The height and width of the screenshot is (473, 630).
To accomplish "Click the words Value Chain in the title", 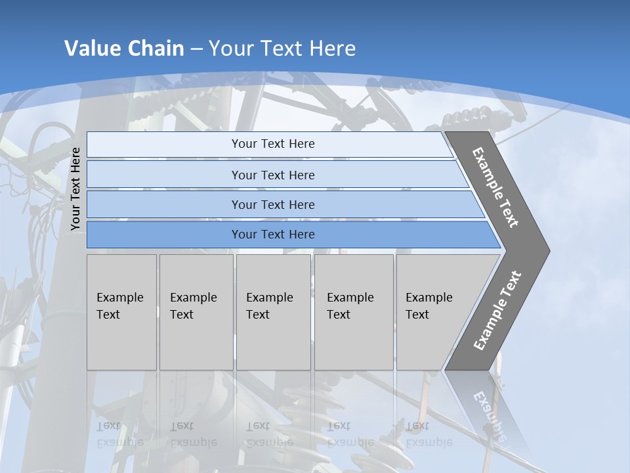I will point(124,49).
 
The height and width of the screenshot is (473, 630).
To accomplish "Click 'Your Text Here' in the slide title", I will point(282,49).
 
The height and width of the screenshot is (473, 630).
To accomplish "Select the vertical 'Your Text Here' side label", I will point(76,189).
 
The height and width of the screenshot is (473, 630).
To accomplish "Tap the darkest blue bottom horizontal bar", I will point(164,235).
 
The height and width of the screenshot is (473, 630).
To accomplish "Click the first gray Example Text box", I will point(121,312).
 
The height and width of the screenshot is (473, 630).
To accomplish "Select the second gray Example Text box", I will point(196,312).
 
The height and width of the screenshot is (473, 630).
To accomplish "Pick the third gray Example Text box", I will point(273,312).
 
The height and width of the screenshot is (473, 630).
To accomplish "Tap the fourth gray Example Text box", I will point(353,312).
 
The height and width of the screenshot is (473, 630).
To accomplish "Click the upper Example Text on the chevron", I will point(495,187).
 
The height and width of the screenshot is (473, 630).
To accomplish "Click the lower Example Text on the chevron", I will point(497,311).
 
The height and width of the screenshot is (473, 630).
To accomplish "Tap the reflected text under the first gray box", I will point(119,434).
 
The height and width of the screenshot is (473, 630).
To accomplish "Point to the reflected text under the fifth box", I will point(429,434).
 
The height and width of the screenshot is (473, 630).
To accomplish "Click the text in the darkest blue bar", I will point(273,235).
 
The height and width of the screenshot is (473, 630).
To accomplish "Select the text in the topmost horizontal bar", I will point(273,144).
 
